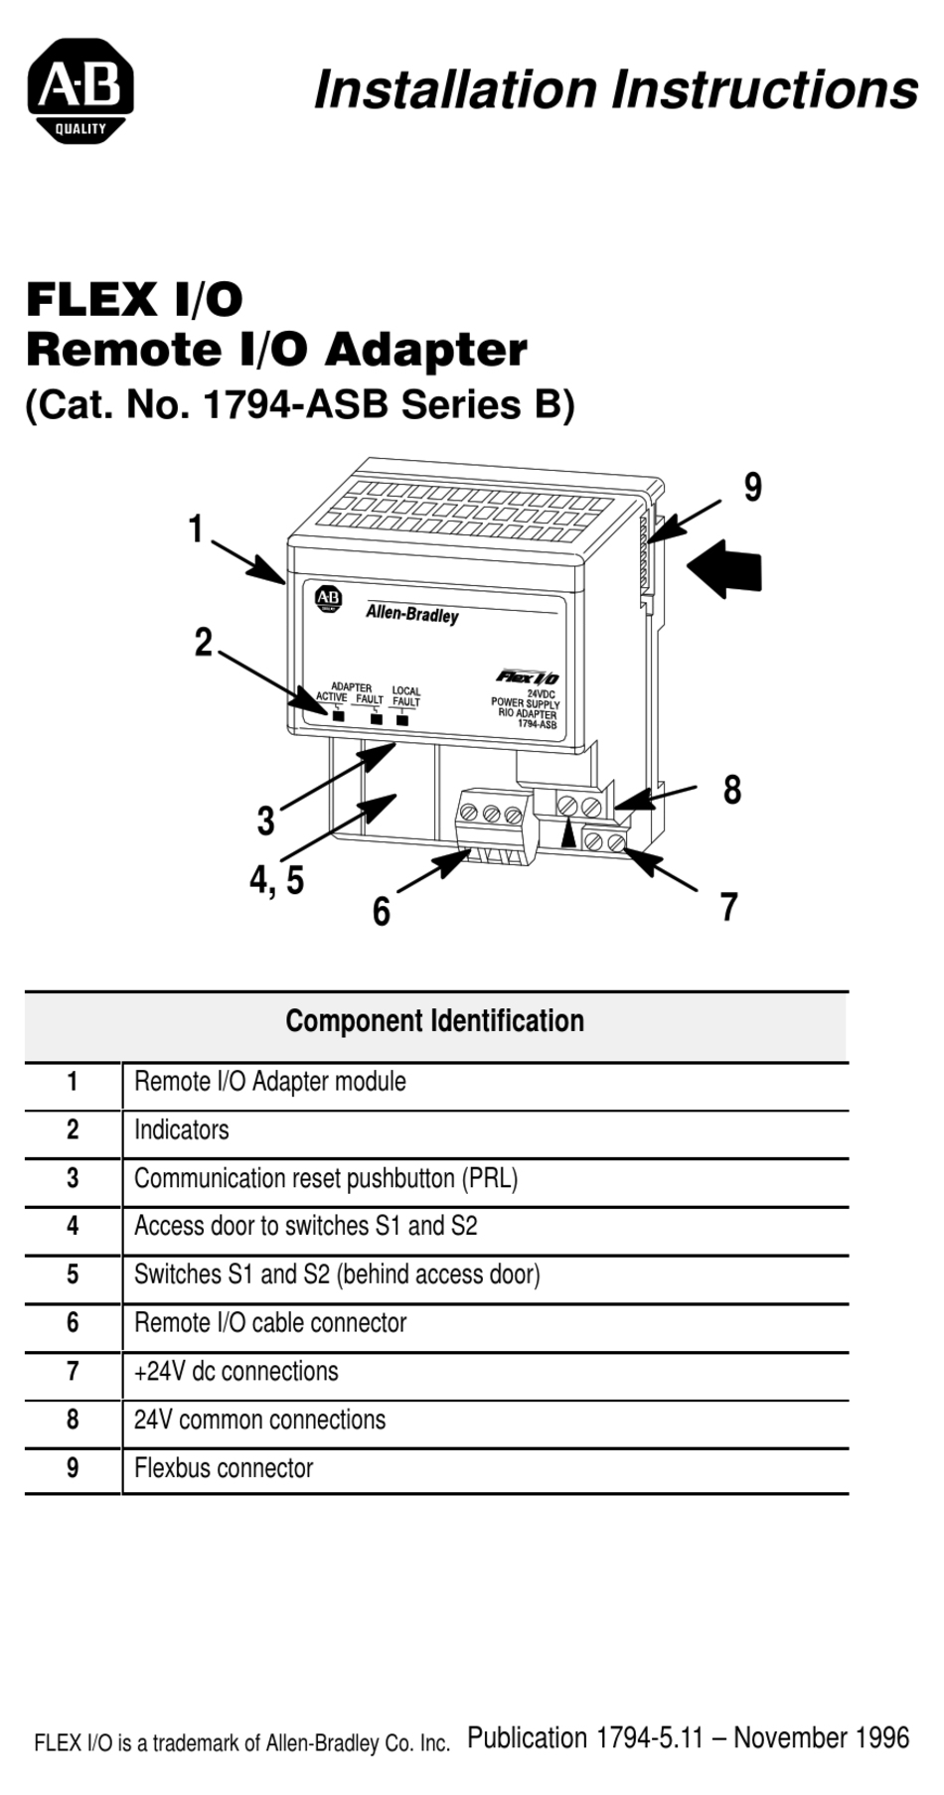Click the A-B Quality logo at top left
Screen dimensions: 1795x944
tap(80, 91)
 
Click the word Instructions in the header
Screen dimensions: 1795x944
tap(763, 89)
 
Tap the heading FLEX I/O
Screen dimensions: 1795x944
tap(134, 299)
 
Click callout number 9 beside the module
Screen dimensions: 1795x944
tap(753, 488)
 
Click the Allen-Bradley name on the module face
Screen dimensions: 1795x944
tap(412, 614)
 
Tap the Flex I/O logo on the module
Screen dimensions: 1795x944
tap(528, 677)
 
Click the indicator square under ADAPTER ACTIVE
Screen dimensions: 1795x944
tap(338, 715)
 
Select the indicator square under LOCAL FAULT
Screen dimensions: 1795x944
tap(402, 719)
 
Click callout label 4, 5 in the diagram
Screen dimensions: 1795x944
tap(276, 880)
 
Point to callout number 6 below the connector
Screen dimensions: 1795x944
tap(382, 912)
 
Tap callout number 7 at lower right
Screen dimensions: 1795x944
tap(729, 907)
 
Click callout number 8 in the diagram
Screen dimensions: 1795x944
tap(732, 791)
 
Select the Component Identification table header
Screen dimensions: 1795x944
tap(435, 1022)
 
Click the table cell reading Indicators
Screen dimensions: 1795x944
tap(182, 1130)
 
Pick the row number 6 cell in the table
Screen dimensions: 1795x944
tap(73, 1323)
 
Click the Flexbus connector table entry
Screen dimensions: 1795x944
tap(224, 1468)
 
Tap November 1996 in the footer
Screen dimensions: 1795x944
tap(821, 1737)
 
